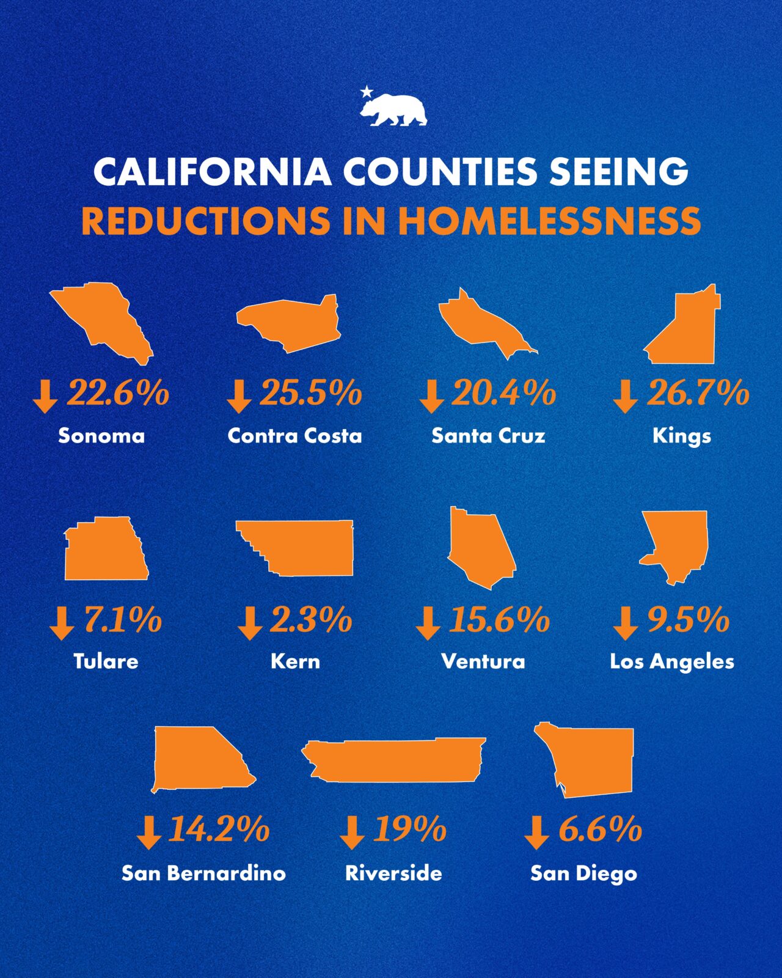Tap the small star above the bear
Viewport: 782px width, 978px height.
[367, 92]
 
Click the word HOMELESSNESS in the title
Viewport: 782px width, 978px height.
[549, 221]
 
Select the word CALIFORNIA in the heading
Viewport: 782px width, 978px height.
[212, 172]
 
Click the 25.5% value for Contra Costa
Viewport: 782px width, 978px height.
[310, 393]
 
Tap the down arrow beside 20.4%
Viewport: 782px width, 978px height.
[431, 395]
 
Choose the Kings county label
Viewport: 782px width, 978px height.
[682, 436]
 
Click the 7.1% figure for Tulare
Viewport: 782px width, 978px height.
[122, 620]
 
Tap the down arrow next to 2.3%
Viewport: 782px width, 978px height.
[249, 623]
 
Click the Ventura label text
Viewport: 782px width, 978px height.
[483, 661]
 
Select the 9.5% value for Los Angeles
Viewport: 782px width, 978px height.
[688, 620]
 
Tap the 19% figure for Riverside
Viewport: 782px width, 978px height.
[409, 829]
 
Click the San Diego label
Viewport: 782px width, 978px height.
[583, 873]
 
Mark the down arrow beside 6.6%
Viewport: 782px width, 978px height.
[536, 833]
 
